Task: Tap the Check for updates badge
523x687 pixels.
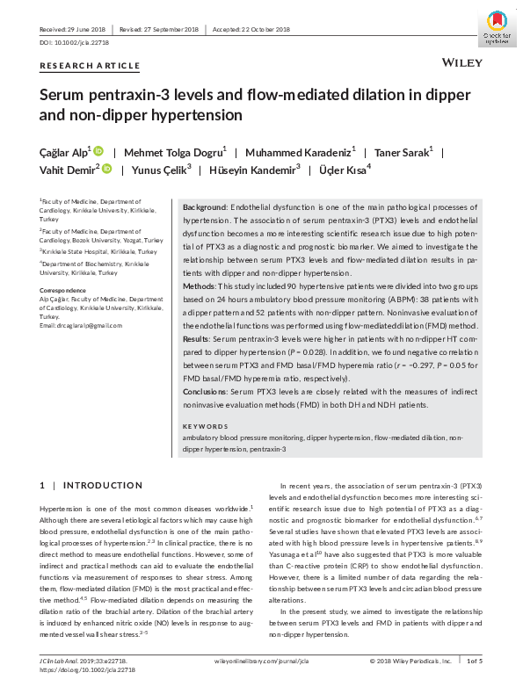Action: click(x=497, y=30)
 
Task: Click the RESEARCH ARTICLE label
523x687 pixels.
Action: click(x=90, y=66)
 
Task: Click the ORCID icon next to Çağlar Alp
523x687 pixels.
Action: click(x=98, y=151)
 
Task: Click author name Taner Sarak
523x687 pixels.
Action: click(x=402, y=151)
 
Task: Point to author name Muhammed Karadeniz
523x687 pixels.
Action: click(x=300, y=151)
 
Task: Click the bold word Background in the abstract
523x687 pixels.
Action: click(x=204, y=206)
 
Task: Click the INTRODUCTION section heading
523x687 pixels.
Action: click(x=96, y=485)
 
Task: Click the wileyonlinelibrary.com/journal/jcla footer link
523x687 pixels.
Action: click(x=261, y=661)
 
